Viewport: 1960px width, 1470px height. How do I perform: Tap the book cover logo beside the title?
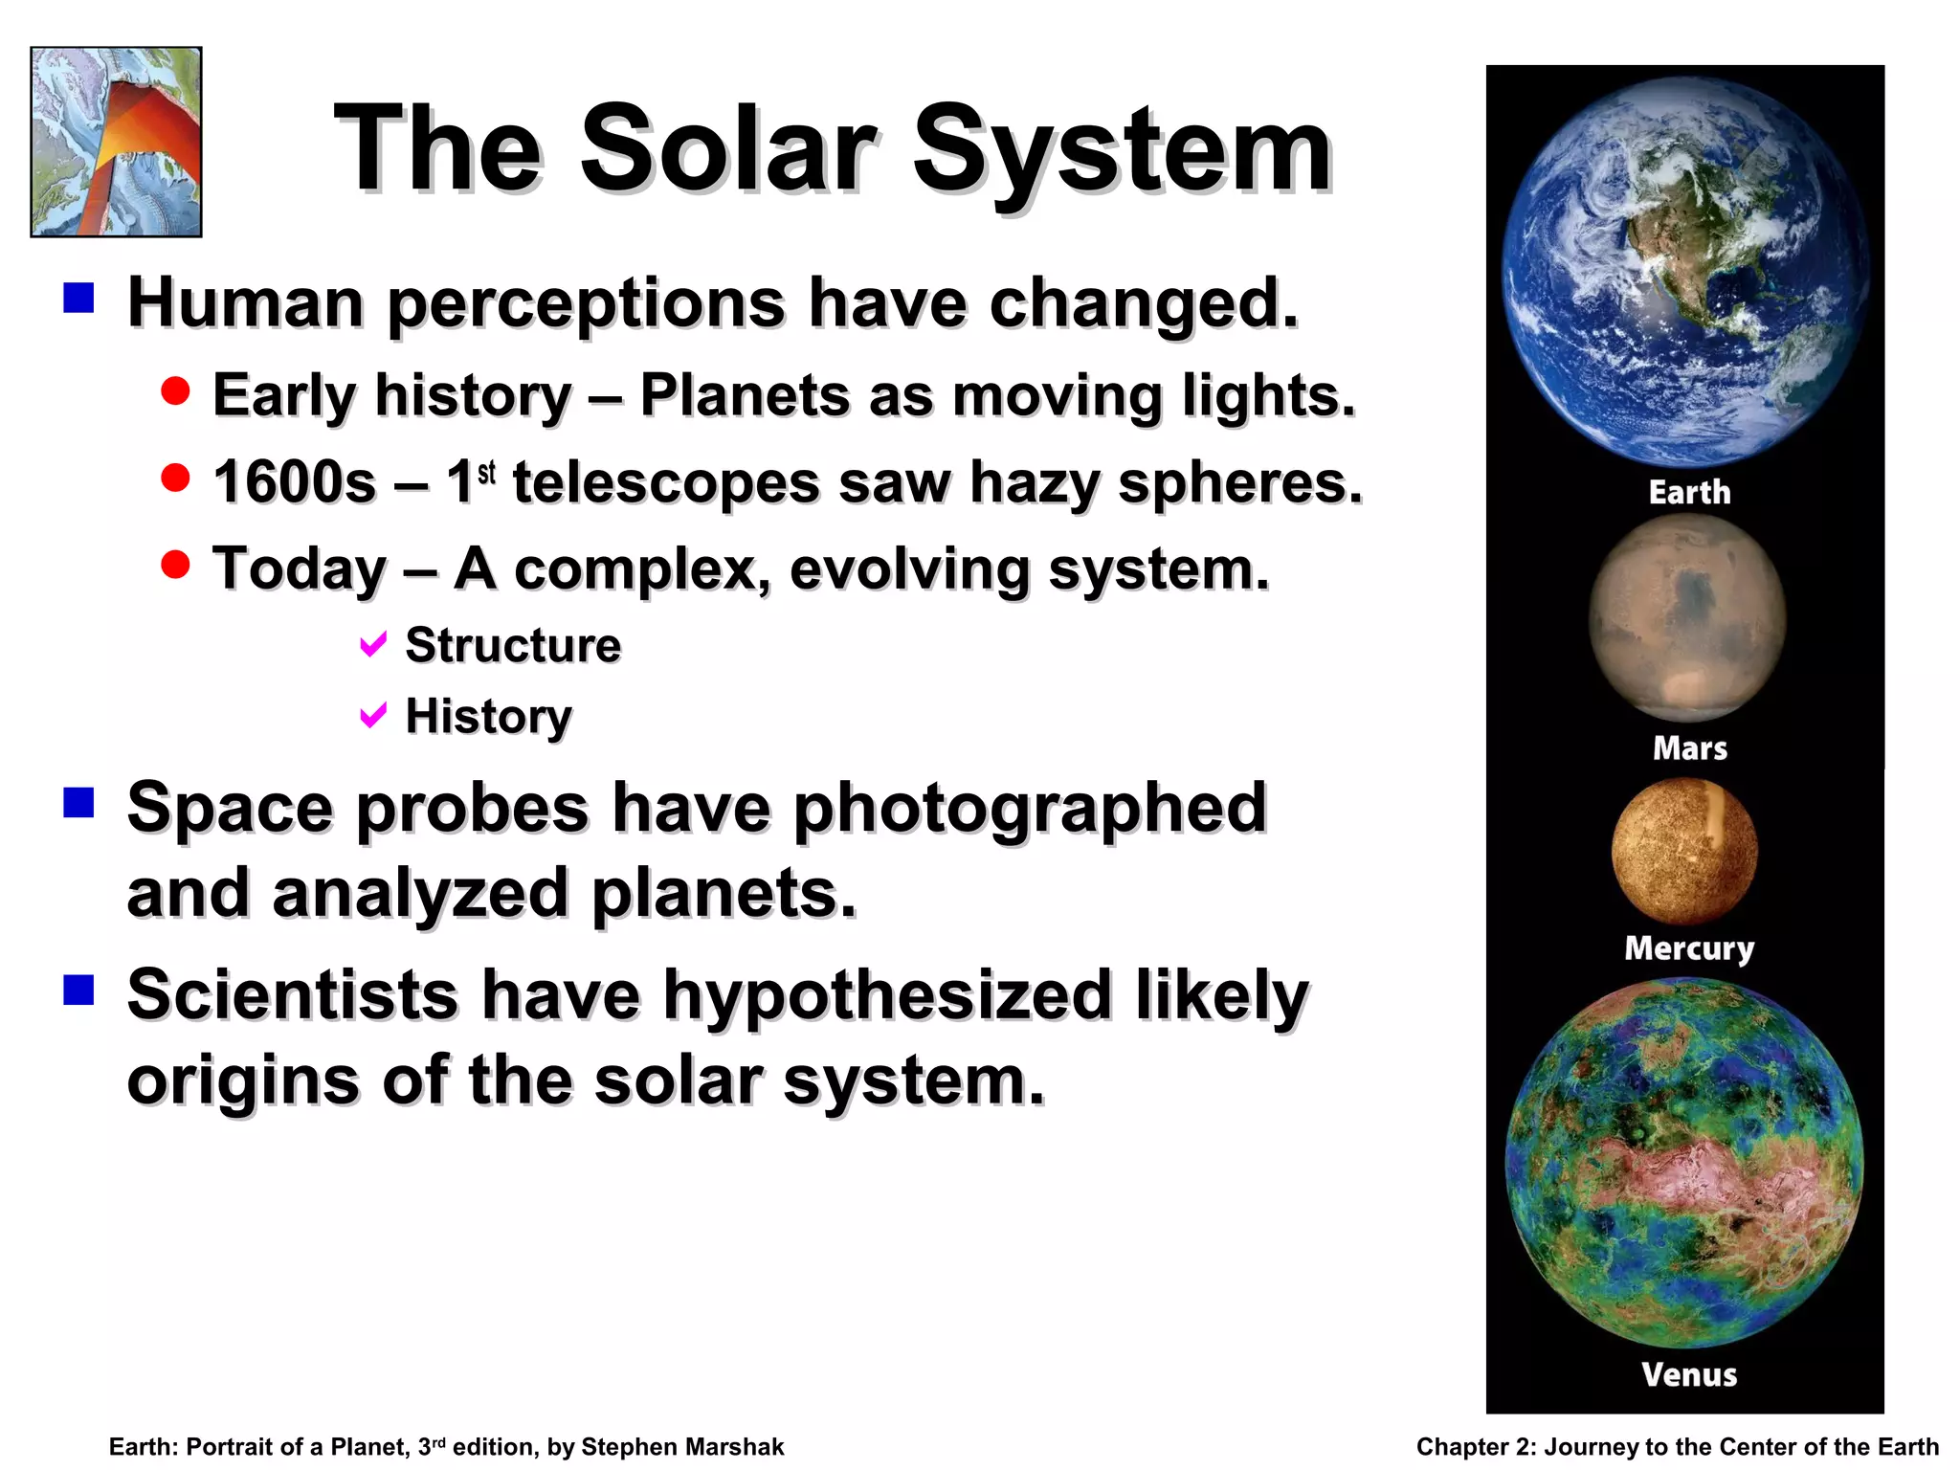(x=116, y=142)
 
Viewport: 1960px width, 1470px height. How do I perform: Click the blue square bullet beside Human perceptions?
(x=78, y=298)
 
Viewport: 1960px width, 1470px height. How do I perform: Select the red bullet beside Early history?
(x=175, y=390)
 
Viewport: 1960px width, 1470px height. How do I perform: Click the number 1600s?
(x=294, y=481)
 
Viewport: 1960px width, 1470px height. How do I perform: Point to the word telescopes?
(x=666, y=481)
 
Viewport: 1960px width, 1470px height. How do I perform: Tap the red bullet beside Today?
(x=175, y=564)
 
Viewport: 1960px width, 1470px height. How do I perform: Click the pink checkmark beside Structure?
(x=372, y=644)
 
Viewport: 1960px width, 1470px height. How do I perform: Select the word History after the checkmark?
(x=488, y=716)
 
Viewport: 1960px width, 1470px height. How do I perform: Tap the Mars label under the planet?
(x=1689, y=747)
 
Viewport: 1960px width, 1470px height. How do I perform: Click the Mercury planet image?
(x=1684, y=850)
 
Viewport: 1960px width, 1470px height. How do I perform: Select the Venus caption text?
(x=1688, y=1374)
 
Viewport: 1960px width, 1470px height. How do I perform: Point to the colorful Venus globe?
(x=1684, y=1163)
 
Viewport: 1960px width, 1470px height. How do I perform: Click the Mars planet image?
(x=1686, y=617)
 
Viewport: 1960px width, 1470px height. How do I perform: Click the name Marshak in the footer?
(x=731, y=1447)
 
